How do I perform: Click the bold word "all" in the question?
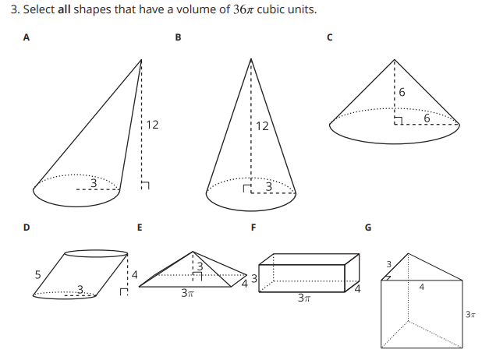coord(64,9)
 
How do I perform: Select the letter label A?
coord(27,37)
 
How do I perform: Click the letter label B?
coord(178,37)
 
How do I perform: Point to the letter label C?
coord(330,37)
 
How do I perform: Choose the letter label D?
coord(27,228)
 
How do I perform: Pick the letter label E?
coord(140,228)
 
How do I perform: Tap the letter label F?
coord(253,228)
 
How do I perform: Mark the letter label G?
coord(368,228)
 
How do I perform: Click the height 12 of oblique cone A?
coord(152,125)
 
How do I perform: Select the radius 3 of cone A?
coord(94,183)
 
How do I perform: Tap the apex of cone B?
coord(251,59)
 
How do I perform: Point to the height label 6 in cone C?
coord(402,92)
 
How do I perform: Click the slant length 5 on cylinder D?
coord(37,274)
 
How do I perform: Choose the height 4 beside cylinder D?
coord(134,274)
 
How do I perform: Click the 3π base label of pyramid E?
coord(188,293)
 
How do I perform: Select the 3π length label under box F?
coord(304,298)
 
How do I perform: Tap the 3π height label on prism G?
coord(470,315)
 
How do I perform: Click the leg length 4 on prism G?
coord(422,287)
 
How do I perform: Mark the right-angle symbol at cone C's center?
coord(399,121)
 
